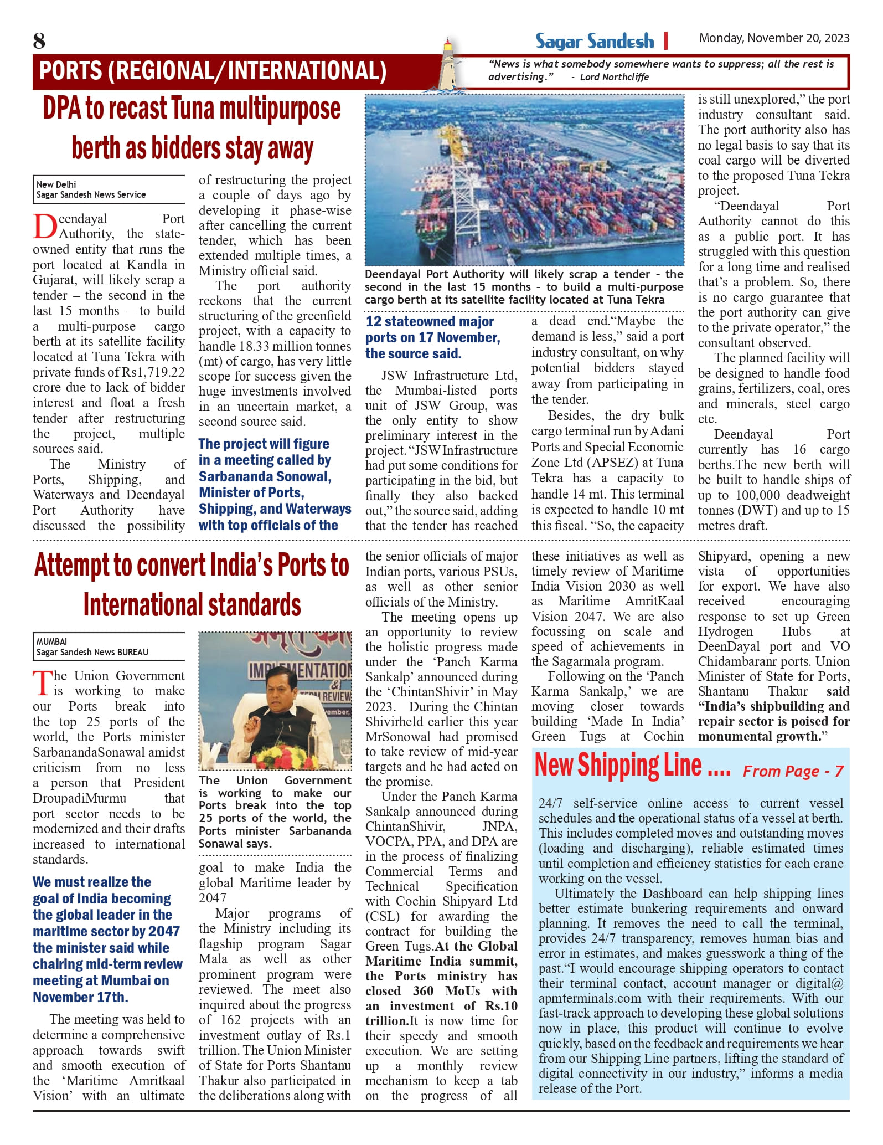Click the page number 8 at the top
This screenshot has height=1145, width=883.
click(x=39, y=41)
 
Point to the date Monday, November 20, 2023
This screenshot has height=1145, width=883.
click(x=773, y=38)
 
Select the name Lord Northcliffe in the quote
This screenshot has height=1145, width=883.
click(x=614, y=78)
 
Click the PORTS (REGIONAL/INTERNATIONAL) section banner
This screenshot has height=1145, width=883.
click(x=213, y=71)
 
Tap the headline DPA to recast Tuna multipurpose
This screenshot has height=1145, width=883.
click(x=192, y=109)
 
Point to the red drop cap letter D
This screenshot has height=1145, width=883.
click(x=44, y=227)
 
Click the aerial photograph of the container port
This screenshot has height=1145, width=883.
click(x=524, y=180)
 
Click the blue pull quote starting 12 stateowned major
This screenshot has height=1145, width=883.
click(x=432, y=337)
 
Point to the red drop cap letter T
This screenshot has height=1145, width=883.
click(x=42, y=684)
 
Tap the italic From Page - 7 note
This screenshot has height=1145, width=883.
click(x=793, y=771)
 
